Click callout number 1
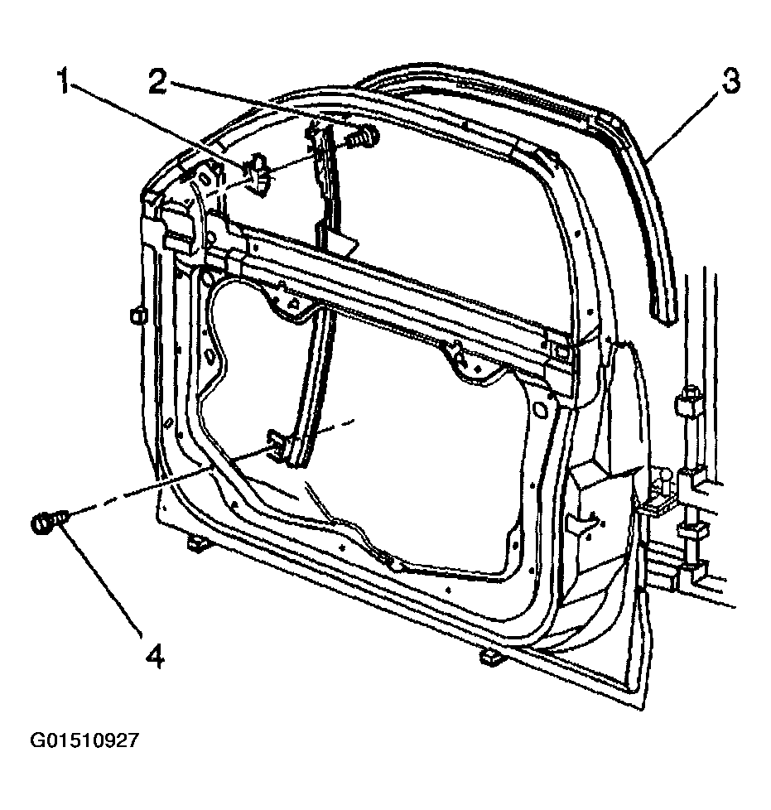(x=64, y=83)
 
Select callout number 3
(x=730, y=83)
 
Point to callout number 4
(x=155, y=656)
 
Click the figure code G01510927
(x=84, y=740)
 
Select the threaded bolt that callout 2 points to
(x=362, y=137)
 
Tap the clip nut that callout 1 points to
(x=258, y=175)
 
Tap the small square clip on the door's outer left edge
(x=138, y=315)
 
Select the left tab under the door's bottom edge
(x=196, y=543)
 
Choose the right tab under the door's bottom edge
(x=492, y=657)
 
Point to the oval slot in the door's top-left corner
(x=205, y=178)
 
